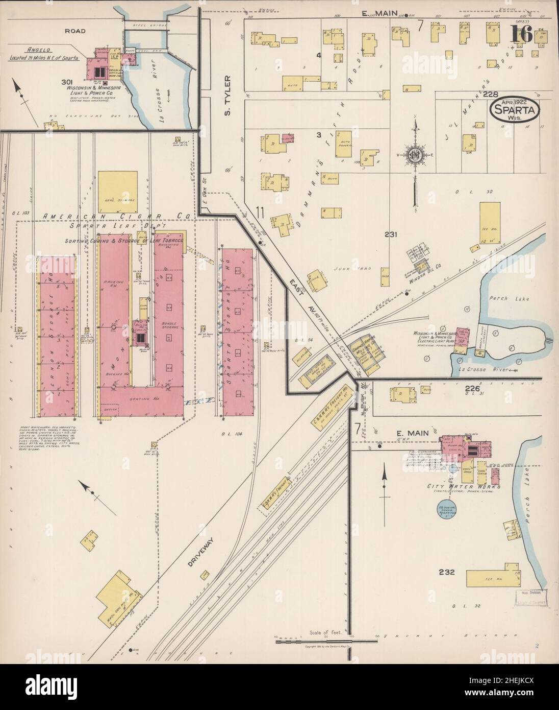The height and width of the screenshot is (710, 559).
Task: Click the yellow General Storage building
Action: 117,190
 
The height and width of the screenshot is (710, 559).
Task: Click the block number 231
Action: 391,234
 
